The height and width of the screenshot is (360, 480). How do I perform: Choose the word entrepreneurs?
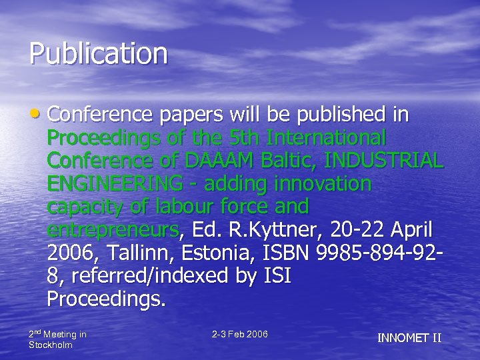pos(113,231)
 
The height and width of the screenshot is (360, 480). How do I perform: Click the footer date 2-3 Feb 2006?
pos(239,333)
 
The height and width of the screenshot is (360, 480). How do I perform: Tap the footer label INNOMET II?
pos(409,337)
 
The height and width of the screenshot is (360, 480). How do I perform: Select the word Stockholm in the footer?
pos(51,345)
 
